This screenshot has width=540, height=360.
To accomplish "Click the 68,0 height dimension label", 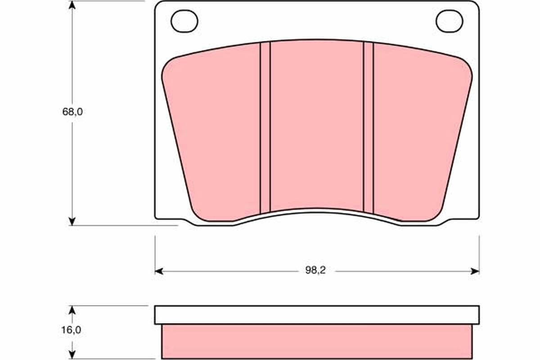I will pyautogui.click(x=72, y=112).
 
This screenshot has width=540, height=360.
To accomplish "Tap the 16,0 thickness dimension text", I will pyautogui.click(x=72, y=330).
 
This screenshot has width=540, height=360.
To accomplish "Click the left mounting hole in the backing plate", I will pyautogui.click(x=184, y=21).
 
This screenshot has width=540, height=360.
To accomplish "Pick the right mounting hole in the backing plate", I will pyautogui.click(x=449, y=21).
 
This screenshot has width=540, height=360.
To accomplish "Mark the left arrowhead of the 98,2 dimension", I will pyautogui.click(x=158, y=271).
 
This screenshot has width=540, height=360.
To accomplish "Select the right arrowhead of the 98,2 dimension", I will pyautogui.click(x=475, y=271).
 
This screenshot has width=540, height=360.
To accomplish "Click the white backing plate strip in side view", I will pyautogui.click(x=317, y=315).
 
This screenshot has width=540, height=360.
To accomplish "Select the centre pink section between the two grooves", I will pyautogui.click(x=317, y=126).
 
